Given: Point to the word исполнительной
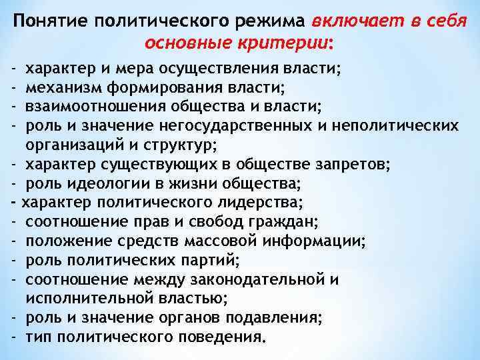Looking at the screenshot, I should tap(87, 298).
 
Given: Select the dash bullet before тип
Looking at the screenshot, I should tap(13, 336).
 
